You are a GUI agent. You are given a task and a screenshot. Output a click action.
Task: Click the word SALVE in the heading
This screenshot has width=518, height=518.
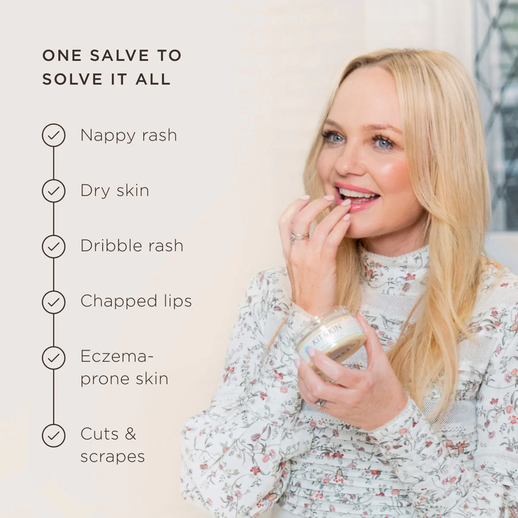119,56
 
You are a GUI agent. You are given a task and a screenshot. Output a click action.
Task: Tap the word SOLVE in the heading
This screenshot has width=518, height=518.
72,79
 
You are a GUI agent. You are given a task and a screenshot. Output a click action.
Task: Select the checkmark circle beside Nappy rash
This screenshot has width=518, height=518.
53,135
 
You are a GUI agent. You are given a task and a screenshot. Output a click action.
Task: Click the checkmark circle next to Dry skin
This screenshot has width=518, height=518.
53,191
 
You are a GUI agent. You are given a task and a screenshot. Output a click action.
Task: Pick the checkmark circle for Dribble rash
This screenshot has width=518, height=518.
53,246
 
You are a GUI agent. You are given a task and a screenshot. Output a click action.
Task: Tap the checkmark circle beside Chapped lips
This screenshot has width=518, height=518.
53,302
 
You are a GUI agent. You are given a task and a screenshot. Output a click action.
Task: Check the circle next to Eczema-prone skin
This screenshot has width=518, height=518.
53,357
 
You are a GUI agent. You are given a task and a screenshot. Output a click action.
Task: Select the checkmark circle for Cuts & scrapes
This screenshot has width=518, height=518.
53,435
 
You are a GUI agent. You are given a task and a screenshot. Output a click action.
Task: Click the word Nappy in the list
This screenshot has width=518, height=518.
108,136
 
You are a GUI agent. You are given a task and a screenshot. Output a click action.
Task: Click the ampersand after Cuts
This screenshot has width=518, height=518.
130,434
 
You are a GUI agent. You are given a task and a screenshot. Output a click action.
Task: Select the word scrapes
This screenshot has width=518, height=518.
113,457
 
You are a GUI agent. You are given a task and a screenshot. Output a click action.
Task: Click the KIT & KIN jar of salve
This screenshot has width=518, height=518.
331,339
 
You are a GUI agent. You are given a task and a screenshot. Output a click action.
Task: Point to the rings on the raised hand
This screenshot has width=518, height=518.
298,236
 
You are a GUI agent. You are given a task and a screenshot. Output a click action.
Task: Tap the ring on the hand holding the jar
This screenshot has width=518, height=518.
320,403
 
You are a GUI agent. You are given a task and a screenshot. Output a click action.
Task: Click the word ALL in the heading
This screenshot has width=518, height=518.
153,79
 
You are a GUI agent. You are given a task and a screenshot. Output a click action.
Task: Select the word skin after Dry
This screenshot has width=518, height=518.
133,191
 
